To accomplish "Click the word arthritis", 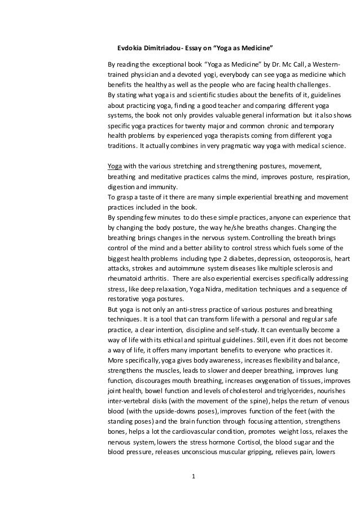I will (151, 280).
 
